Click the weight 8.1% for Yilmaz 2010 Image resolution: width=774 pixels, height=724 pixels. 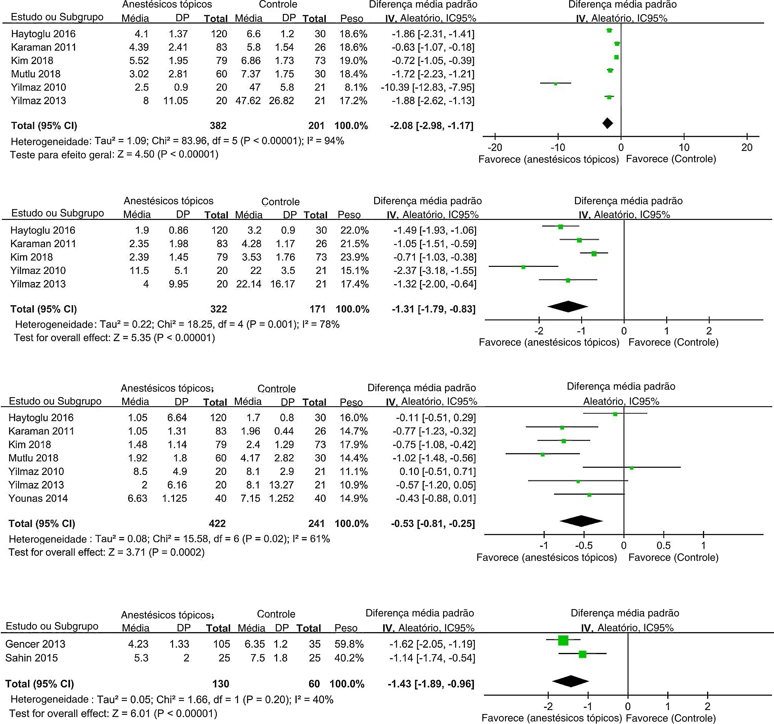(x=353, y=87)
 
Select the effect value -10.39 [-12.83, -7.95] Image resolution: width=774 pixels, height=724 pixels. (x=427, y=87)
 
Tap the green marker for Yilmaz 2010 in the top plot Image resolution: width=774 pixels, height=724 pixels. (x=556, y=84)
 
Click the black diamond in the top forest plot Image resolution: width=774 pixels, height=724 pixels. (x=607, y=123)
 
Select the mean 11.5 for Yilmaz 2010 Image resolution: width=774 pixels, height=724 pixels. (x=139, y=270)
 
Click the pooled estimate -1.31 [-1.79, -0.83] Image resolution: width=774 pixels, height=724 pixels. (x=434, y=309)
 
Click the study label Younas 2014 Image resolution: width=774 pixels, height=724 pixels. (x=38, y=498)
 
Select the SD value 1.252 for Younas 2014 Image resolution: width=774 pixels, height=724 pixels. (x=281, y=498)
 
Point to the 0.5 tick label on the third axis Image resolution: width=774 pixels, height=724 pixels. (x=664, y=545)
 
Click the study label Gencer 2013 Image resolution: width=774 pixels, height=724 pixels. (x=35, y=644)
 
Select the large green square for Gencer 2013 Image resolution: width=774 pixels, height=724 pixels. (x=563, y=640)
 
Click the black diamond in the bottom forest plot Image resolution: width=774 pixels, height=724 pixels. (x=570, y=681)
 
